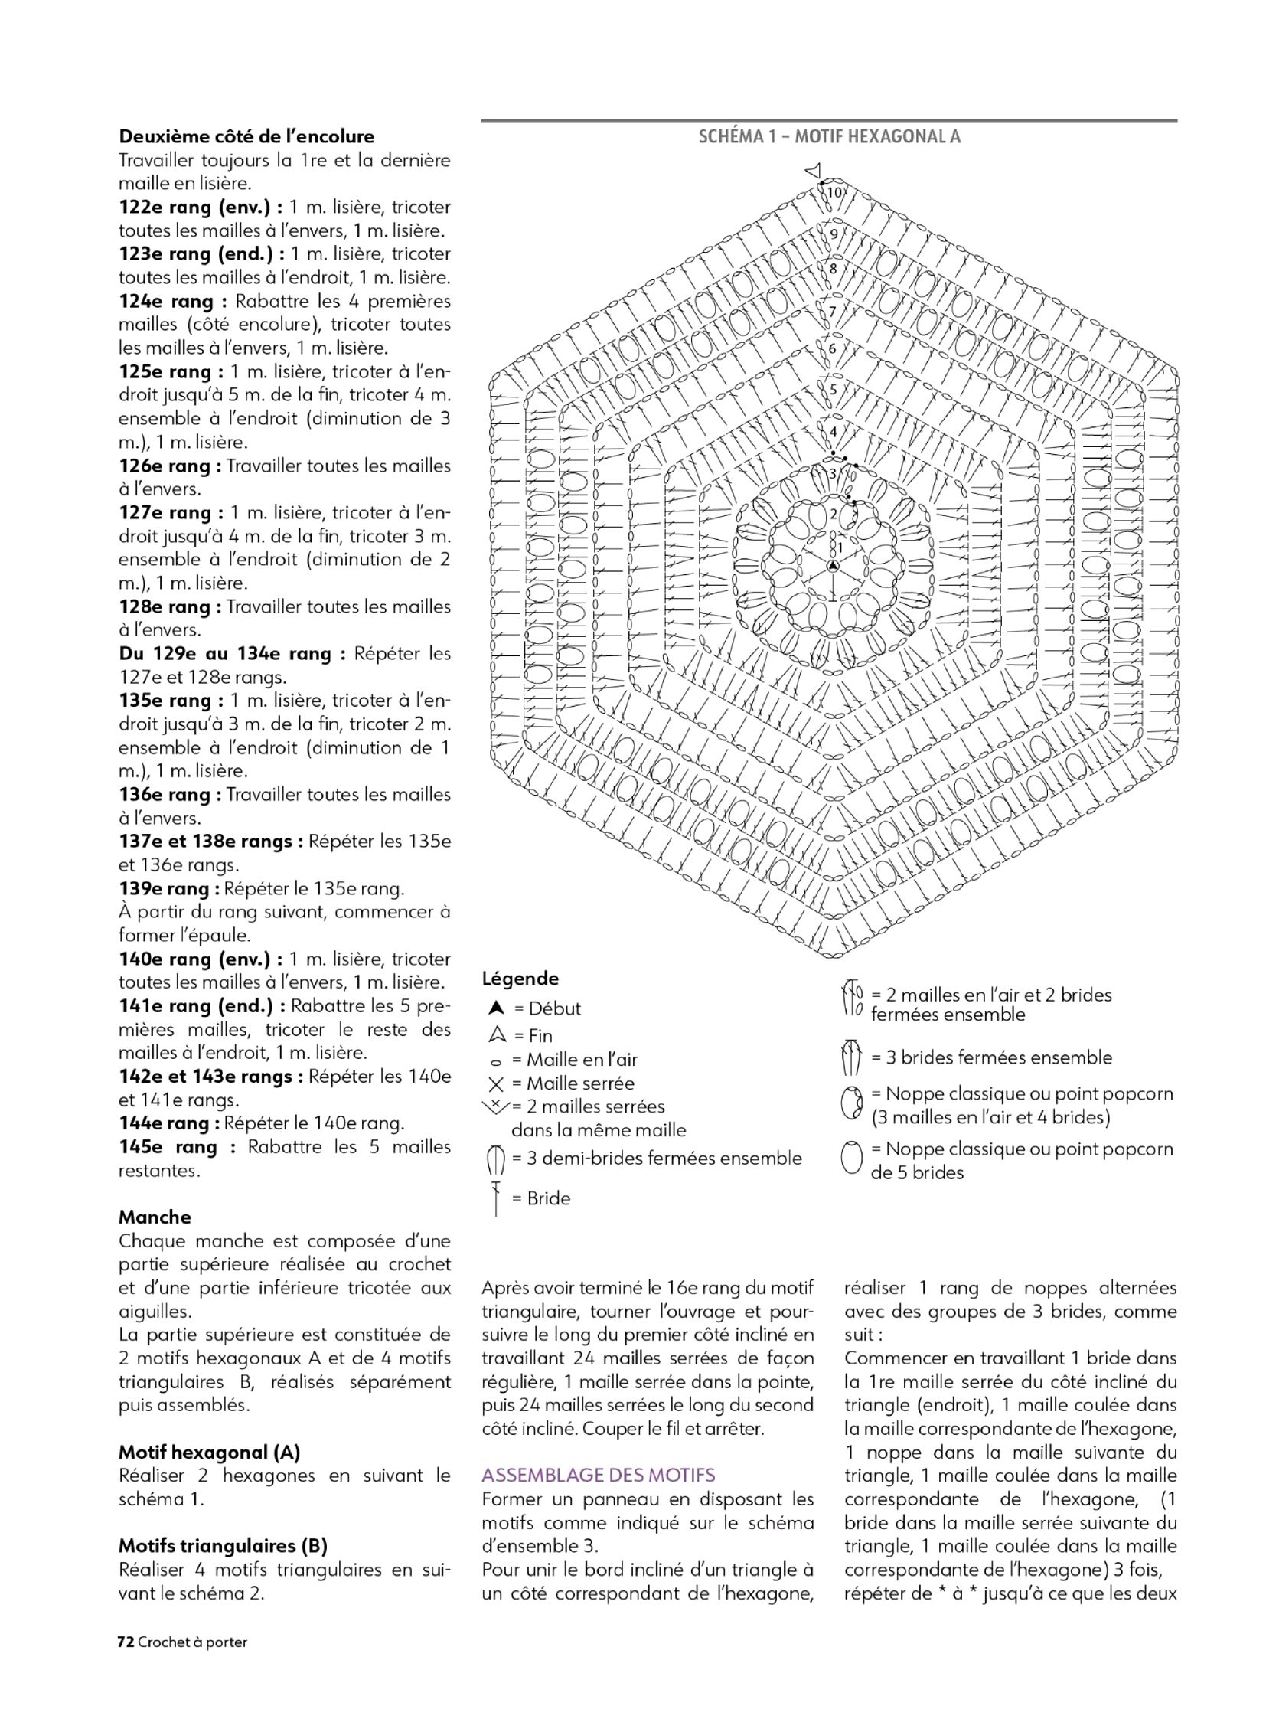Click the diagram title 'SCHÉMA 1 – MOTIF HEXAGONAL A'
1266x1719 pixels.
[829, 136]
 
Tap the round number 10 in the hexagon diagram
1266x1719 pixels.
[834, 192]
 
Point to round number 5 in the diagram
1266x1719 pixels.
[834, 390]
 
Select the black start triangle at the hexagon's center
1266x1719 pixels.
[833, 566]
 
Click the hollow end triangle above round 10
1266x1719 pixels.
[814, 170]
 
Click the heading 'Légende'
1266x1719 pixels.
[520, 979]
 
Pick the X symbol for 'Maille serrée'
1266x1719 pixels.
[496, 1084]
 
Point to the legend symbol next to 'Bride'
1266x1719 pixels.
[496, 1199]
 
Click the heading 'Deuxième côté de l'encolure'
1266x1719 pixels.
[246, 136]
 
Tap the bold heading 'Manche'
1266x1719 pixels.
[155, 1217]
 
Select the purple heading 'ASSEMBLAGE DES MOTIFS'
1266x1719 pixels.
[599, 1475]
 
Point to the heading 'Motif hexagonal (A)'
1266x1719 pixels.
[209, 1452]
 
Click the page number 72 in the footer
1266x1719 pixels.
[126, 1642]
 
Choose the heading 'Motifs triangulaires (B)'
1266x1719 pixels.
[223, 1546]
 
